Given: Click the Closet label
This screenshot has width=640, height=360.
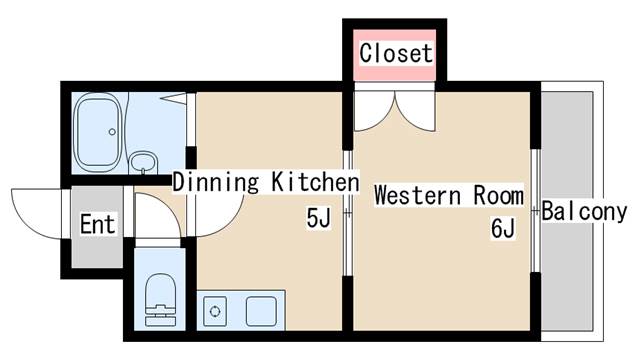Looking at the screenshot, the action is [x=396, y=53].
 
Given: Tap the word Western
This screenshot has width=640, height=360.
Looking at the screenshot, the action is [x=418, y=196].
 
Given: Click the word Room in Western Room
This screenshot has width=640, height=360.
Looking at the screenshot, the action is [x=498, y=196].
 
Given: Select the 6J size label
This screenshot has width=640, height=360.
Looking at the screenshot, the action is [x=503, y=228].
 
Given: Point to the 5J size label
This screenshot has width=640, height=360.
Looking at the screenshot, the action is [x=318, y=218].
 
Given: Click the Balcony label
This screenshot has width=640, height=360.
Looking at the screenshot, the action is [x=584, y=211].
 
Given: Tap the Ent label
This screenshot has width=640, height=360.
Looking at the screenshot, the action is [x=97, y=224].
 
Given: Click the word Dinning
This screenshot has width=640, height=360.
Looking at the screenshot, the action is [x=216, y=182].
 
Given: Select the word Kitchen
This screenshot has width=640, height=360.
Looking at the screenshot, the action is [x=315, y=182].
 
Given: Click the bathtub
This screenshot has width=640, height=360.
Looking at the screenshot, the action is [x=98, y=132].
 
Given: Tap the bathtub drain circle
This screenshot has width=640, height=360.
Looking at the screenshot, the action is [x=112, y=132].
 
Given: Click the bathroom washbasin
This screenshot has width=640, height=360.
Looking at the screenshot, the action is [x=143, y=162].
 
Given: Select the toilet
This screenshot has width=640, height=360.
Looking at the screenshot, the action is [x=160, y=299].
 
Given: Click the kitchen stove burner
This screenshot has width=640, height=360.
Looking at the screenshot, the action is [x=215, y=311].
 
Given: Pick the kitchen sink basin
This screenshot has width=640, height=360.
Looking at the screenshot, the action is [x=261, y=311].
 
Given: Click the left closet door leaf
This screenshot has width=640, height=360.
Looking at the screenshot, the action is [x=374, y=110].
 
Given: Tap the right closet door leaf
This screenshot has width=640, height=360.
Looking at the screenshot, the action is [x=415, y=110].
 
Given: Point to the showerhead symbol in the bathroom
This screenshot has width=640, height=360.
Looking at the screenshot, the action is [x=173, y=98].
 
